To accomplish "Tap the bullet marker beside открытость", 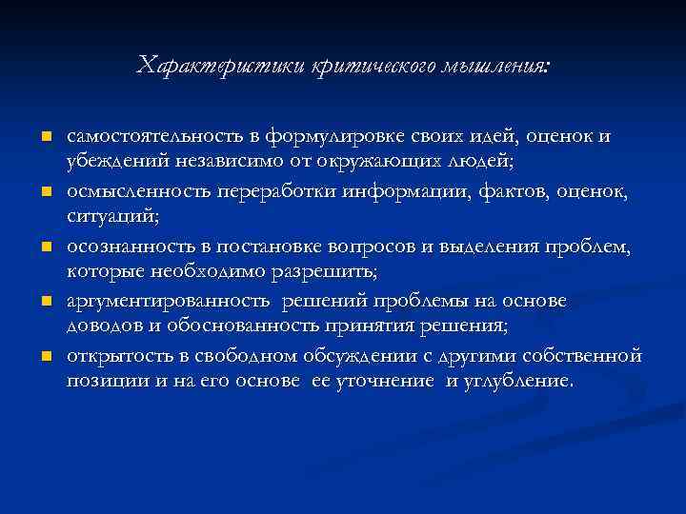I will click(x=44, y=357).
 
